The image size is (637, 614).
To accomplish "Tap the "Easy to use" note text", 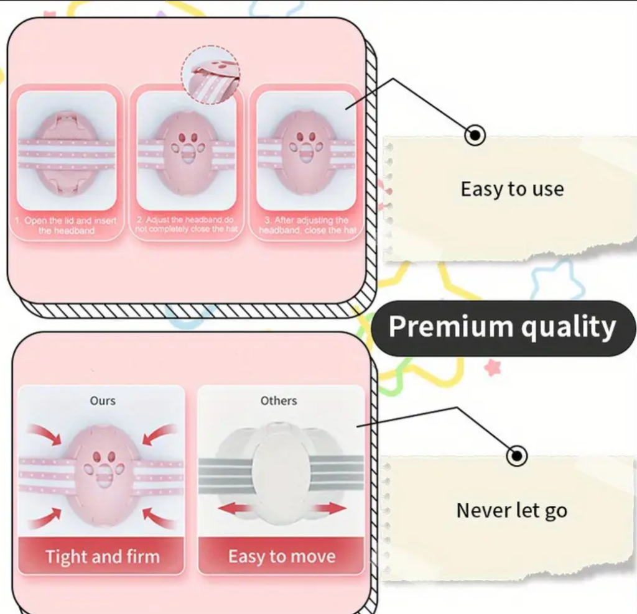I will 512,189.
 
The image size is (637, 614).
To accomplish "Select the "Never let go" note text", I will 511,511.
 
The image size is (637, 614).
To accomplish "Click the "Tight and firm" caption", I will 102,556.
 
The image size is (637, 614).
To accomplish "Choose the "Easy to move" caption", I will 281,556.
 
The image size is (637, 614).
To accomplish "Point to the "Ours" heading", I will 103,401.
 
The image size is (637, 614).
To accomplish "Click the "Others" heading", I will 279,401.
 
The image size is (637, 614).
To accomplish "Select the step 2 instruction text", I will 186,224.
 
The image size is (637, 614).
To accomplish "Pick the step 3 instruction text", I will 307,225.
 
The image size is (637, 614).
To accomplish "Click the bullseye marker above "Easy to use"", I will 476,134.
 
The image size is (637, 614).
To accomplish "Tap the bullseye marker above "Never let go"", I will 516,456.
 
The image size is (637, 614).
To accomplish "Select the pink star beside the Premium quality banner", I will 493,367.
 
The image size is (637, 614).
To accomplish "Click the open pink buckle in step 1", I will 65,152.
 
